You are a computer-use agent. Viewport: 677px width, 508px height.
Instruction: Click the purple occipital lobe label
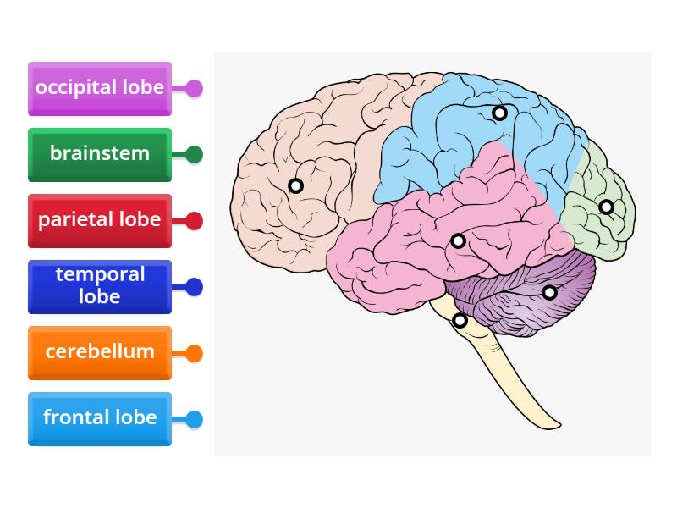(100, 88)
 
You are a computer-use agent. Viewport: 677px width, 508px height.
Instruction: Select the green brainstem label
(100, 154)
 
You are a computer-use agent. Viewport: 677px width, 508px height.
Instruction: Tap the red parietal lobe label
(100, 220)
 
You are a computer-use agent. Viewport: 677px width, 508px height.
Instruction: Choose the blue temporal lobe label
(100, 286)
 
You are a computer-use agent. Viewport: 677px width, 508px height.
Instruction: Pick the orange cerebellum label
(100, 352)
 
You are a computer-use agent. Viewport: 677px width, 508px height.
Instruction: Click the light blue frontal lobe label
(100, 418)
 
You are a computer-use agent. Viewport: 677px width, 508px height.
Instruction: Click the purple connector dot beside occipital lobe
(194, 88)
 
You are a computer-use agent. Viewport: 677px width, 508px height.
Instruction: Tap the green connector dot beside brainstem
(194, 154)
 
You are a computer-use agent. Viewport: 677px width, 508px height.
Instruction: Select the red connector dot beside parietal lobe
(194, 220)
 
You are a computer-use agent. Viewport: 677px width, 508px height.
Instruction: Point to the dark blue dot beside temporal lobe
(194, 286)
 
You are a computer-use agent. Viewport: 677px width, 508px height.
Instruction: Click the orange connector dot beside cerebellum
(194, 352)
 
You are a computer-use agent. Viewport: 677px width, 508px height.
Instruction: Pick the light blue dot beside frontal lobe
(194, 418)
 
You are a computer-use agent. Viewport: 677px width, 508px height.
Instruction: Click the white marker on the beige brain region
(295, 185)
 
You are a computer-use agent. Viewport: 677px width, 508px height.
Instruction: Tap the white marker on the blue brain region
(500, 113)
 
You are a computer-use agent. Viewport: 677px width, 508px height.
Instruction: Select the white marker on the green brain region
(606, 207)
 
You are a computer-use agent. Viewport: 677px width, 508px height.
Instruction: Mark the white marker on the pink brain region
(458, 241)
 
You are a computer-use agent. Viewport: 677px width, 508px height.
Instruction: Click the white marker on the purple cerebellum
(549, 293)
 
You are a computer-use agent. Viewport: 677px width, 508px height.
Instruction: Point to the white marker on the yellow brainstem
(460, 321)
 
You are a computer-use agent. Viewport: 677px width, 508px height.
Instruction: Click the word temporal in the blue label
(100, 274)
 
